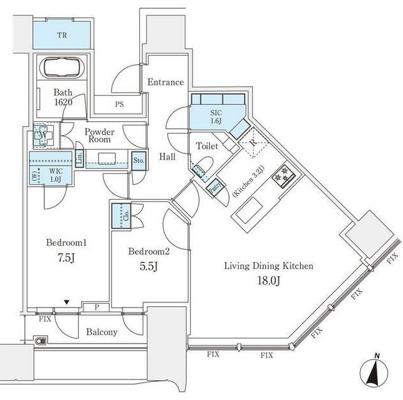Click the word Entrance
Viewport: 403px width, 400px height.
coord(166,82)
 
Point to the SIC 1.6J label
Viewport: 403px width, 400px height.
coord(216,117)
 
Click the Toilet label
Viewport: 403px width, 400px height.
coord(206,146)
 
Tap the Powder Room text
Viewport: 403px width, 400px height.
coord(99,134)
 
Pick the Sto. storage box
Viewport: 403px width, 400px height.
coord(139,161)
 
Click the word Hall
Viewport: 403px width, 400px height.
coord(168,156)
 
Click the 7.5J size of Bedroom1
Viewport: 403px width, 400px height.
coord(65,259)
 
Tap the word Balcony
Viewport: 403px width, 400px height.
coord(102,332)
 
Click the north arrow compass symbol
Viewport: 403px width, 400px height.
coord(377,372)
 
